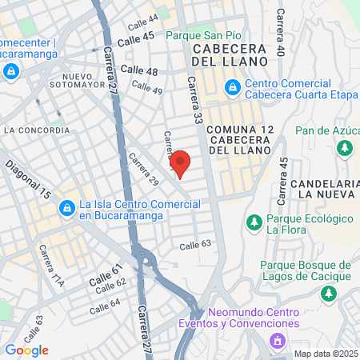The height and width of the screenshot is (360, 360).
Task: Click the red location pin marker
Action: click(x=181, y=164)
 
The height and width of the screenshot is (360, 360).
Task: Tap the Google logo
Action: click(x=26, y=350)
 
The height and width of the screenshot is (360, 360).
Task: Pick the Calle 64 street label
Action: click(x=105, y=306)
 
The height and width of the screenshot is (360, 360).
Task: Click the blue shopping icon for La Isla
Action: click(x=67, y=209)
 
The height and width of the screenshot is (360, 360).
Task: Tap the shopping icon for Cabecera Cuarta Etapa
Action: click(x=231, y=86)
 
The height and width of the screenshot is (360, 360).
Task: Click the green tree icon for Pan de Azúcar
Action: click(x=345, y=147)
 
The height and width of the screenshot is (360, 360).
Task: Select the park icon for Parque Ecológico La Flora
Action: click(x=254, y=222)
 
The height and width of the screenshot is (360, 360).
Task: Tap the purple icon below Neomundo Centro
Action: click(x=278, y=342)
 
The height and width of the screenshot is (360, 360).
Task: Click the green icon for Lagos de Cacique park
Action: click(x=329, y=294)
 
